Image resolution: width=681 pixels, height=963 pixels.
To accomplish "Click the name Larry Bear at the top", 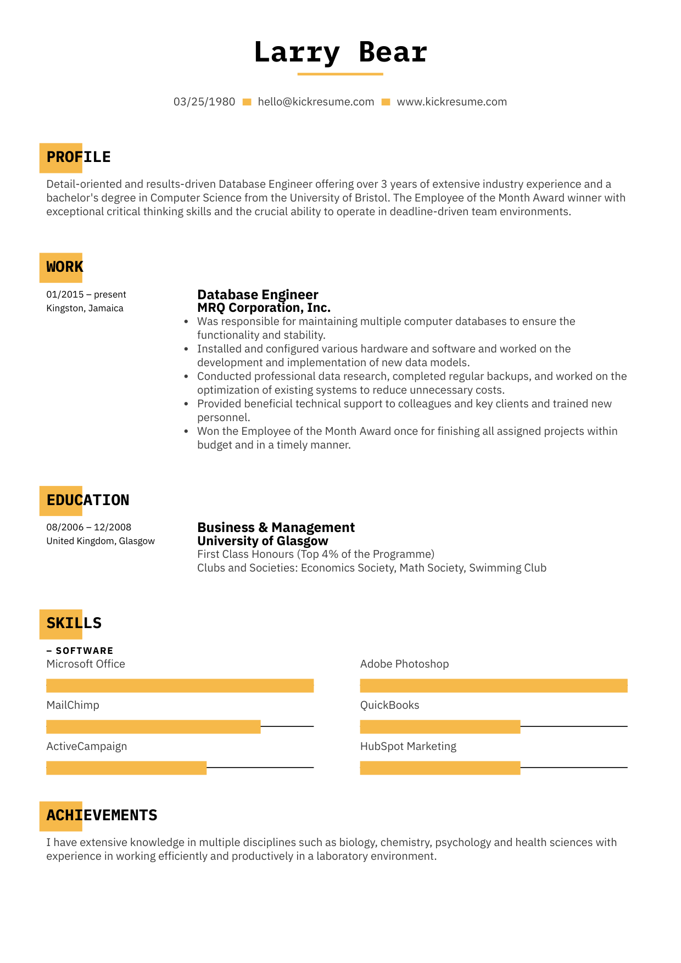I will point(340,53).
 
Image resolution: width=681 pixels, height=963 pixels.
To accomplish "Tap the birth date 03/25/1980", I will point(204,102).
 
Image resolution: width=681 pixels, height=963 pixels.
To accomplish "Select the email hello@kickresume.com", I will point(316,102).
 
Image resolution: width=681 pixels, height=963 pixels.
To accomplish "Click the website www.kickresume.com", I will point(451,102).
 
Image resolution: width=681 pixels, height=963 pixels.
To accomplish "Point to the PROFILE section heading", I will point(79,158).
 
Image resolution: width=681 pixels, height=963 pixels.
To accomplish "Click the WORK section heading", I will point(65,267).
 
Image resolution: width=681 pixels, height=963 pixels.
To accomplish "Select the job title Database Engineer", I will point(258,295).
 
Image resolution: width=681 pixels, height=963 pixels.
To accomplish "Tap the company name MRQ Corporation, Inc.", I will point(264,308).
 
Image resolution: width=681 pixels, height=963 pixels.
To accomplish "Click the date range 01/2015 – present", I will point(86,295).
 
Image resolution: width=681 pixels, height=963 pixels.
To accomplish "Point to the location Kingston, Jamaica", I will point(85,309).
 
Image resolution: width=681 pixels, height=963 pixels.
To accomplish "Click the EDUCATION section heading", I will point(88,500).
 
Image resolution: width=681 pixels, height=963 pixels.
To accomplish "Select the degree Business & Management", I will point(276,528).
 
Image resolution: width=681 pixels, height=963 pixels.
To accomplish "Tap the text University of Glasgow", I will point(263,541).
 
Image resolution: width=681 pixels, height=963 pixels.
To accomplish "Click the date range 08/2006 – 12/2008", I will point(89,528).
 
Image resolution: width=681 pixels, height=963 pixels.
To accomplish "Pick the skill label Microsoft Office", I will point(86,664).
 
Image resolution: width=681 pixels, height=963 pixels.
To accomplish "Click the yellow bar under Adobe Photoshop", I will point(493,686).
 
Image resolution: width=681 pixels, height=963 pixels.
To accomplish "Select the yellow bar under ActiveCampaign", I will point(126,768).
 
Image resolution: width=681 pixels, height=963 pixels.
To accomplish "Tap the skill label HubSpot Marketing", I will point(408,747).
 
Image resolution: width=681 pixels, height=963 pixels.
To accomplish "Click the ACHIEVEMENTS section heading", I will point(102,815).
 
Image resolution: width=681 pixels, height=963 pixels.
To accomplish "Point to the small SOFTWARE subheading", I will point(84,651).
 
